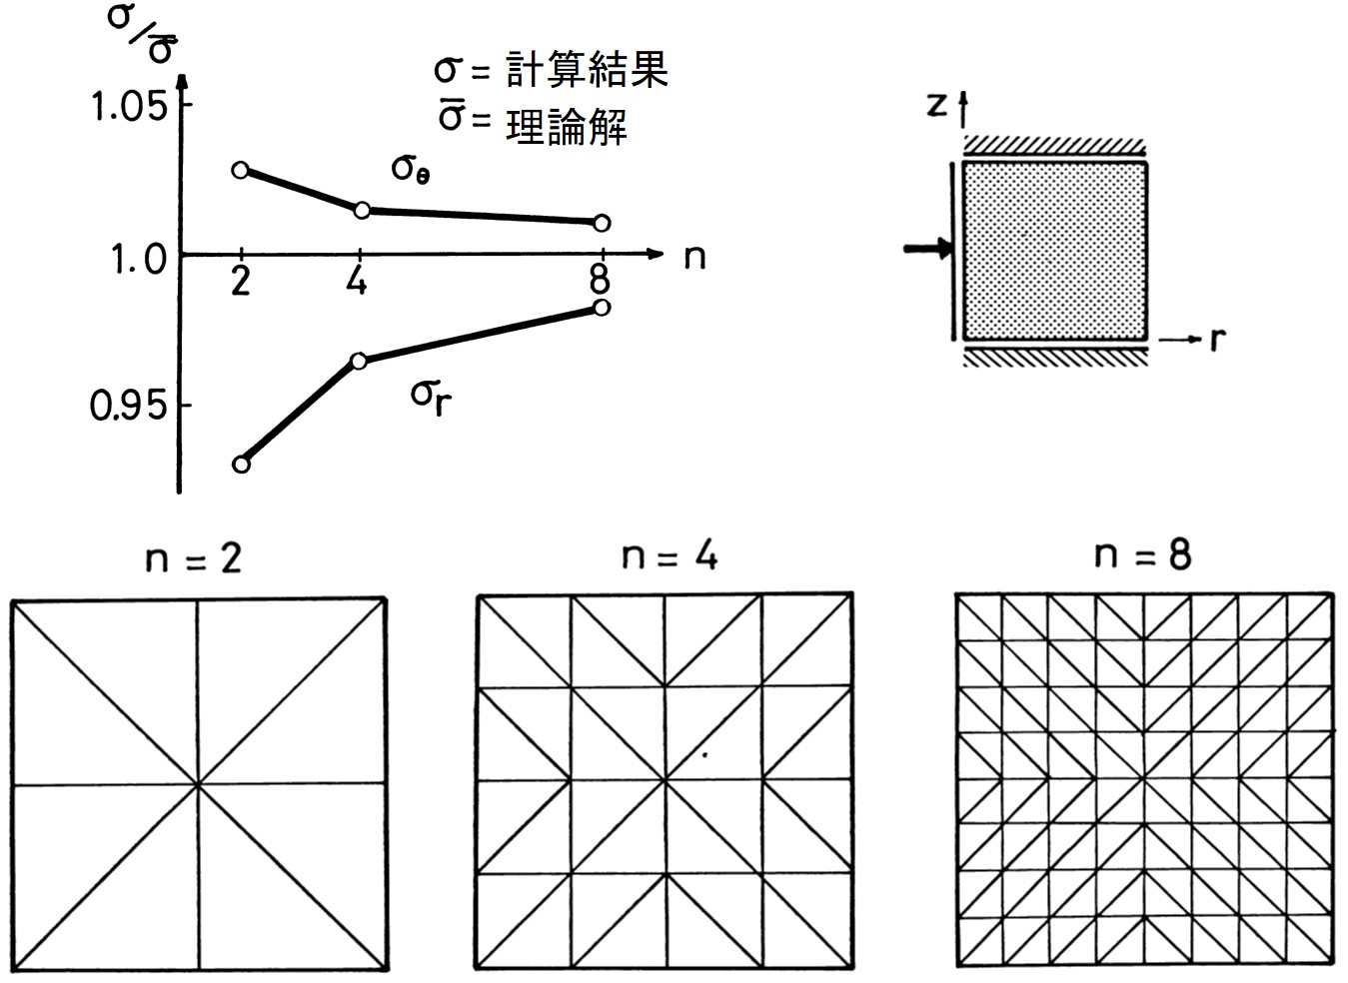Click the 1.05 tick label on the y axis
[129, 107]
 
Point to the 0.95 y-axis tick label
[127, 407]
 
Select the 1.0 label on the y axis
[138, 260]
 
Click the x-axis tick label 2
[240, 283]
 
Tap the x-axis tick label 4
[357, 283]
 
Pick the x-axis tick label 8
[600, 282]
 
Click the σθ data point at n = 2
[241, 170]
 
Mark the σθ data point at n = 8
[601, 223]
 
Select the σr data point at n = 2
[241, 464]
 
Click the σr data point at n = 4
[360, 361]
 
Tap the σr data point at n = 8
[601, 307]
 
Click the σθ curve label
[411, 168]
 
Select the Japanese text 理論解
[566, 125]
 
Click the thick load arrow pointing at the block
[928, 249]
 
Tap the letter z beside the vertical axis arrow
[936, 103]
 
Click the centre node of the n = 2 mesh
[199, 785]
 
